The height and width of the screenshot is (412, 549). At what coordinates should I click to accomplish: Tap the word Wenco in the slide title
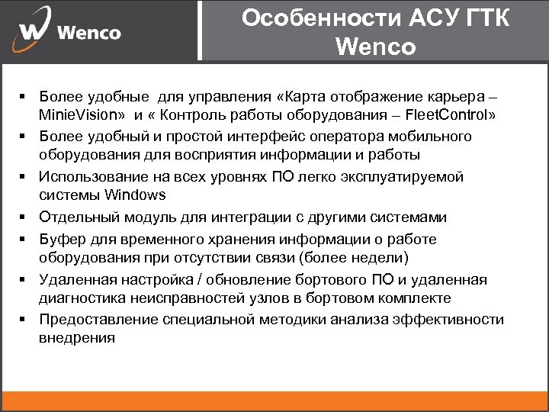pyautogui.click(x=375, y=47)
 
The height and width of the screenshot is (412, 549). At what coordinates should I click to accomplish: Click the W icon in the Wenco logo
pyautogui.click(x=34, y=31)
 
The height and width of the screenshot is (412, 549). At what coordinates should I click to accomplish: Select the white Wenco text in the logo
pyautogui.click(x=89, y=33)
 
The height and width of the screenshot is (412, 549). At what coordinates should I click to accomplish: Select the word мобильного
pyautogui.click(x=431, y=137)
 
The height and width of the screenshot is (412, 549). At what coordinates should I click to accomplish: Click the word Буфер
pyautogui.click(x=61, y=240)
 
